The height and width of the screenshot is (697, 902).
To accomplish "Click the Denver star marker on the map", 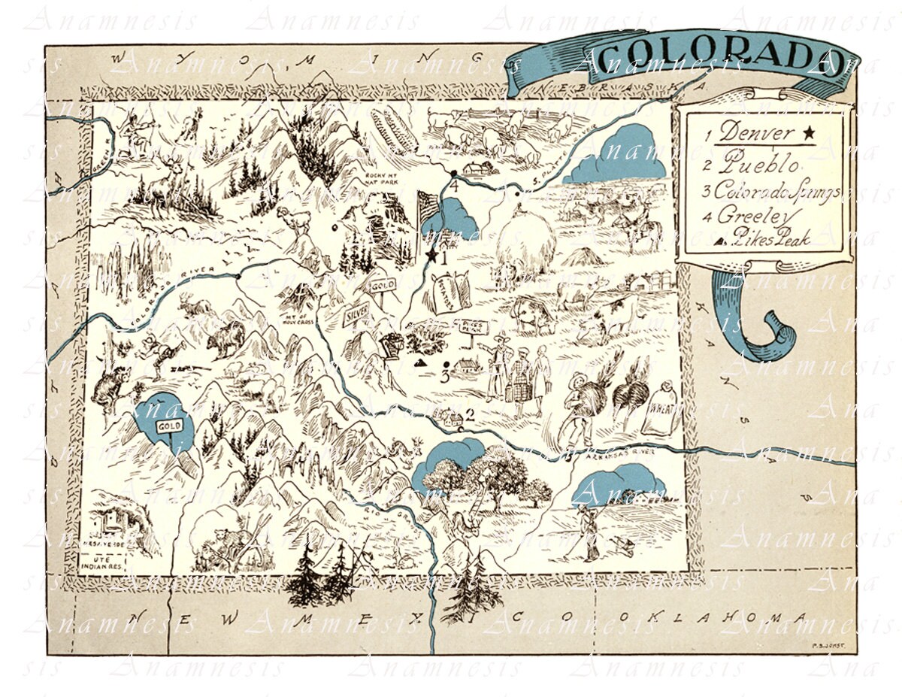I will point(431,256).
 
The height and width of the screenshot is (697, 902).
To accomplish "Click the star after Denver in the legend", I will point(809,133).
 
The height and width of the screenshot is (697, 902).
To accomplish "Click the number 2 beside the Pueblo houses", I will point(471,413).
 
